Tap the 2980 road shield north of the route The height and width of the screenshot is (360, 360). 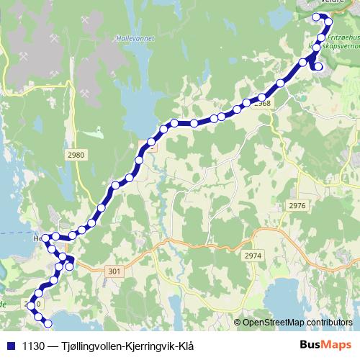click(75, 154)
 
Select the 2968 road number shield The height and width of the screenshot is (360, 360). click(263, 104)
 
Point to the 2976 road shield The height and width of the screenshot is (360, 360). click(297, 205)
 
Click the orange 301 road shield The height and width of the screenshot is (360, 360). click(114, 271)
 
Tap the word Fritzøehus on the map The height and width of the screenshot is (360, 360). click(342, 34)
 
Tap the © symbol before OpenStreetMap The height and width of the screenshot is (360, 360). click(238, 322)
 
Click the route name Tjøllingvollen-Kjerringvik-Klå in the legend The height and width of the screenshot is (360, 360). click(119, 345)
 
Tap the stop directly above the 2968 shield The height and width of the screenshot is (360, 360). click(262, 96)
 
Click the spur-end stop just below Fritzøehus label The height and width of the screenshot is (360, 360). click(319, 68)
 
